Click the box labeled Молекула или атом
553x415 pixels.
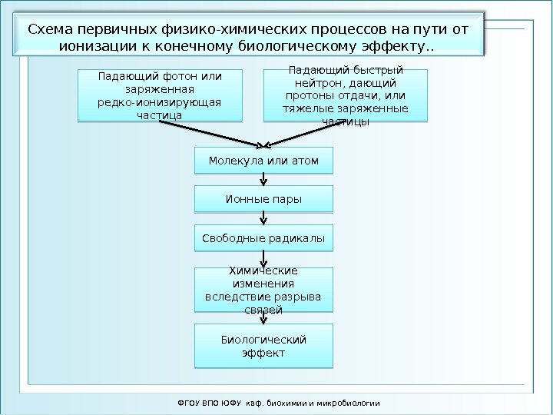[263, 161]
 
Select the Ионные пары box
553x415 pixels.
[263, 199]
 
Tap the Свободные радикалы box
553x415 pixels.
[263, 238]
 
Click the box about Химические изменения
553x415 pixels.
[263, 290]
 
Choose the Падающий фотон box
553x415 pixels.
[159, 95]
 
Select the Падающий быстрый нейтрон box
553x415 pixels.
[345, 95]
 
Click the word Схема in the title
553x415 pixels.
[51, 29]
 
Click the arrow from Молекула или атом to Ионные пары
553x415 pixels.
[264, 179]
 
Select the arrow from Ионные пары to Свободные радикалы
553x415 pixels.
[264, 218]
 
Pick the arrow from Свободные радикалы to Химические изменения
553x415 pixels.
[264, 259]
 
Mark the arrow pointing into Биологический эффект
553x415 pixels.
[264, 318]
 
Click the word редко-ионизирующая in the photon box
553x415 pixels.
[159, 102]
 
